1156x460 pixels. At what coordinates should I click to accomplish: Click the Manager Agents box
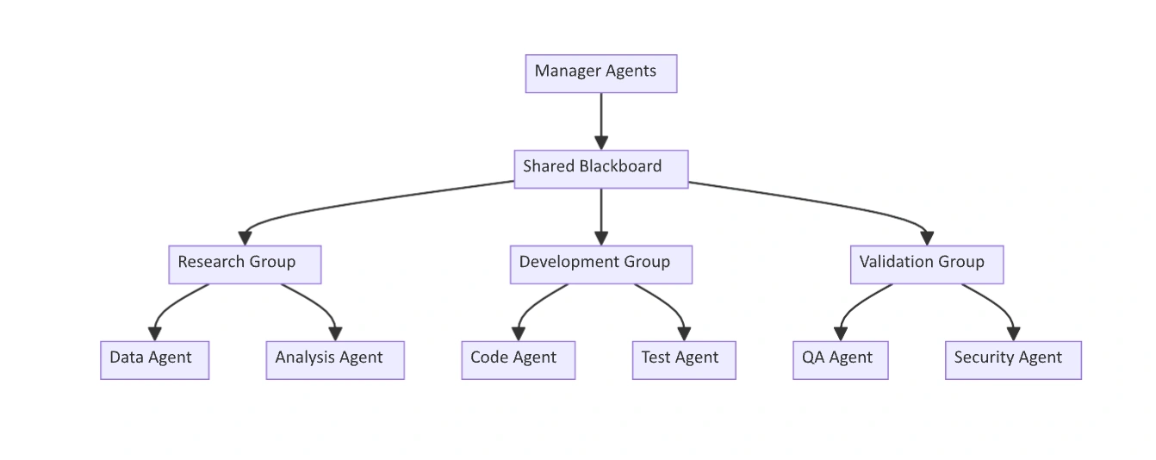coord(601,74)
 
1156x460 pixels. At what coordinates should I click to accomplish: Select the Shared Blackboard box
coord(601,170)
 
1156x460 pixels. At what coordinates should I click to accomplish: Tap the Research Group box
coord(245,264)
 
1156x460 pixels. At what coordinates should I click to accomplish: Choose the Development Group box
coord(601,264)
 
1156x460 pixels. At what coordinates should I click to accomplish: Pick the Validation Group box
coord(927,264)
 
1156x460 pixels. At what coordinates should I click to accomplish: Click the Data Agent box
coord(155,360)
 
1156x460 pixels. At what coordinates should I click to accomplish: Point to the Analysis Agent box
coord(335,360)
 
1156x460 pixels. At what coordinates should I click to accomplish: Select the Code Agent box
coord(519,360)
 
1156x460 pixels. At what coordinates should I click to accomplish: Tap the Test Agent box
coord(684,360)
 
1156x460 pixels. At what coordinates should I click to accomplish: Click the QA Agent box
coord(841,360)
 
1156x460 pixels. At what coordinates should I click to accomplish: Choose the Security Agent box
coord(1014,360)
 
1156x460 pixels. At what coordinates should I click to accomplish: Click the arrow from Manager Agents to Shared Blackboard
coord(601,121)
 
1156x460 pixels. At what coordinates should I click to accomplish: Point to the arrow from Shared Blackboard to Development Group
coord(601,217)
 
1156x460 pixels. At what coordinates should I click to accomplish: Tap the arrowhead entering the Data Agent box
coord(155,334)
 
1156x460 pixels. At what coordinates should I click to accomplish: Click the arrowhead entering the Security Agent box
coord(1014,334)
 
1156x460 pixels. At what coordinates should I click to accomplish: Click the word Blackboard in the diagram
coord(620,166)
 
